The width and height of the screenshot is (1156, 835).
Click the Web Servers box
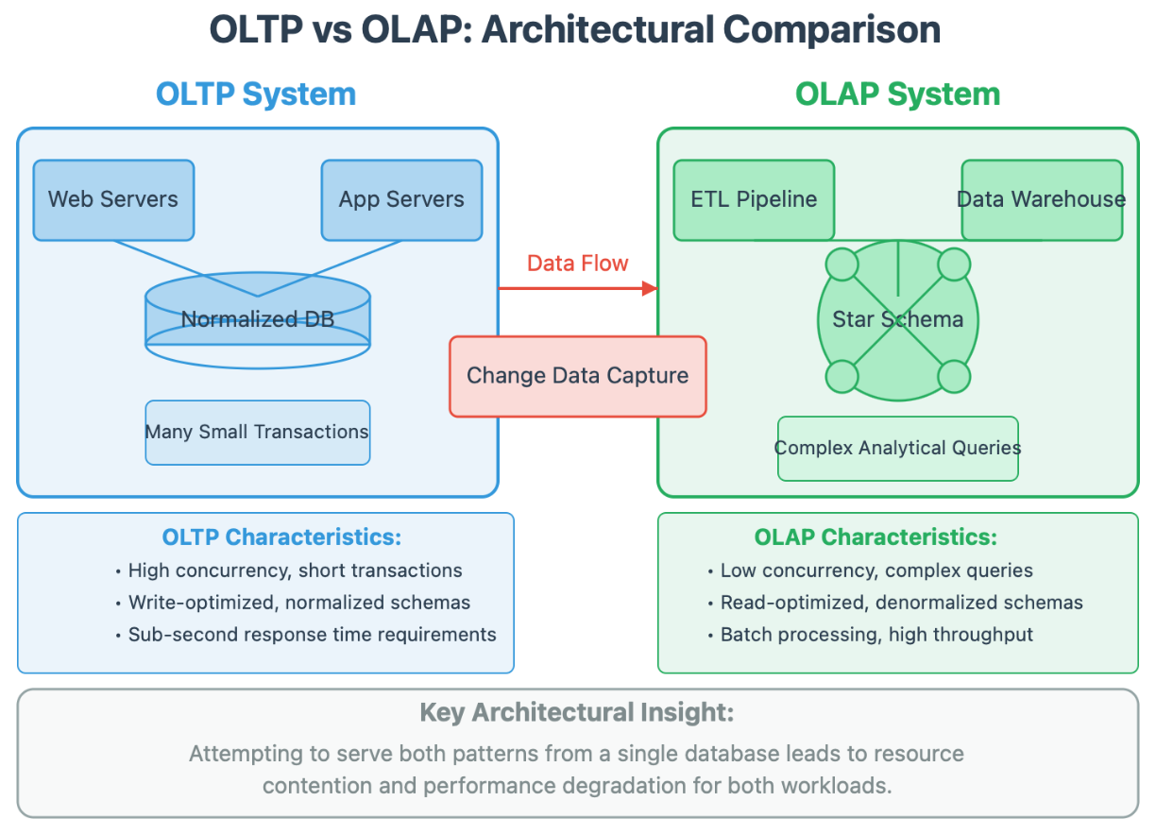113,199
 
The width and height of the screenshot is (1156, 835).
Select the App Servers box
401,199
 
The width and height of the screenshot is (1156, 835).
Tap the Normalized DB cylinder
258,318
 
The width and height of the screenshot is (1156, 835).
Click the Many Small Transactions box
257,432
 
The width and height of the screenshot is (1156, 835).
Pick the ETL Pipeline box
754,199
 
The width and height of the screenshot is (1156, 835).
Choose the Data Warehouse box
1042,199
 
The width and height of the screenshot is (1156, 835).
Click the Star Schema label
897,319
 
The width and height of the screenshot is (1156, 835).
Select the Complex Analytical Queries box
897,448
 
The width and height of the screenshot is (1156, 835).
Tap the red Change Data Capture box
577,376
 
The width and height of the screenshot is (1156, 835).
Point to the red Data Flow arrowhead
650,288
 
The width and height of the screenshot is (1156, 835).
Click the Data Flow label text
577,264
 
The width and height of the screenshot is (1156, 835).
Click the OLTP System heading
256,94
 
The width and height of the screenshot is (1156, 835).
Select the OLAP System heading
897,94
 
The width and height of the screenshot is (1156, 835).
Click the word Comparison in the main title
832,30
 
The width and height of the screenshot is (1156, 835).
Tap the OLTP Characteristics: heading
281,537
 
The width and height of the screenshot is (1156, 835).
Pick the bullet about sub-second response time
312,635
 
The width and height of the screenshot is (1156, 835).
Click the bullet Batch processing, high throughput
876,635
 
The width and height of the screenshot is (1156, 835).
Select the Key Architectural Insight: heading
577,712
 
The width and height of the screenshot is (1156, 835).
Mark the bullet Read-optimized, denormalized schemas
901,603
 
